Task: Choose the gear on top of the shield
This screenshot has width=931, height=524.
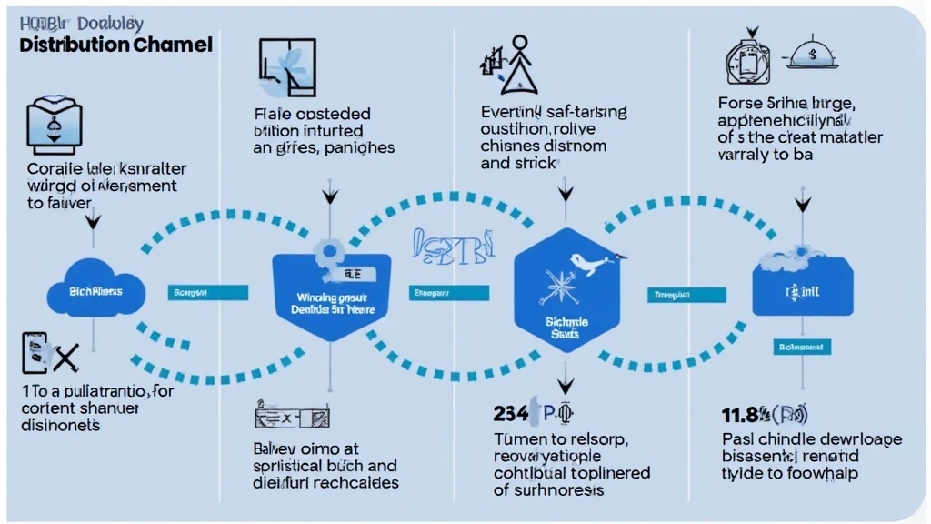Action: [x=325, y=251]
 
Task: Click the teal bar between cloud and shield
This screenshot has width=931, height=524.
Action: [x=208, y=293]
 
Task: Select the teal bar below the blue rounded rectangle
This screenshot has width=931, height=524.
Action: [x=799, y=347]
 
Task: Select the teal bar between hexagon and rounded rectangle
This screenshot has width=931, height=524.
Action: [x=686, y=294]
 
